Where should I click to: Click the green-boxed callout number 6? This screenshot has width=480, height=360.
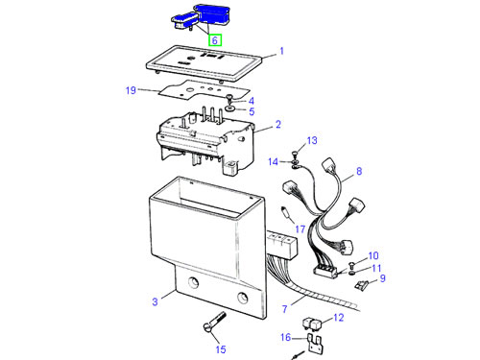coord(215,40)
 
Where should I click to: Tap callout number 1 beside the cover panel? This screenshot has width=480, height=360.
coord(281,51)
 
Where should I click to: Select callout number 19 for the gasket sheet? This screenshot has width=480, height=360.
coord(131,90)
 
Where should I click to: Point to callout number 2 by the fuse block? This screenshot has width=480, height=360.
coord(278,124)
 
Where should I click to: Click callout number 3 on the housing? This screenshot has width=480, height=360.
coord(155,301)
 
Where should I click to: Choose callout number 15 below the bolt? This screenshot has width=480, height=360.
coord(221,349)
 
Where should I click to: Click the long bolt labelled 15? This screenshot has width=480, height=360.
coord(215,323)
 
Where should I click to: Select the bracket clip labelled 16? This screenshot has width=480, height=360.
coord(315,343)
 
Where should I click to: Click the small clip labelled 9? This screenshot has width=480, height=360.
coord(362,284)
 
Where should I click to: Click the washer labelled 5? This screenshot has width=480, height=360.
coord(229,108)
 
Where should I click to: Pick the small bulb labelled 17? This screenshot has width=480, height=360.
coord(288,215)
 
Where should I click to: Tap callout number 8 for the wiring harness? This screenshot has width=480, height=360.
coord(359,171)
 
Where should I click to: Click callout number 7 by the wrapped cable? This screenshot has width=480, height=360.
coord(284,309)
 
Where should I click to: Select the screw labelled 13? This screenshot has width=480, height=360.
coord(295,155)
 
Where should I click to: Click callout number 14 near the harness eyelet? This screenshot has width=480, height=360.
coord(273,162)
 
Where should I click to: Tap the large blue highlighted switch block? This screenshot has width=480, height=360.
coord(212,14)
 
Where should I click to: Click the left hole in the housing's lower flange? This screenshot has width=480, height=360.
coord(193,282)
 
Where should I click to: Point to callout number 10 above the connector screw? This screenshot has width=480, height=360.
coord(373,255)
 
